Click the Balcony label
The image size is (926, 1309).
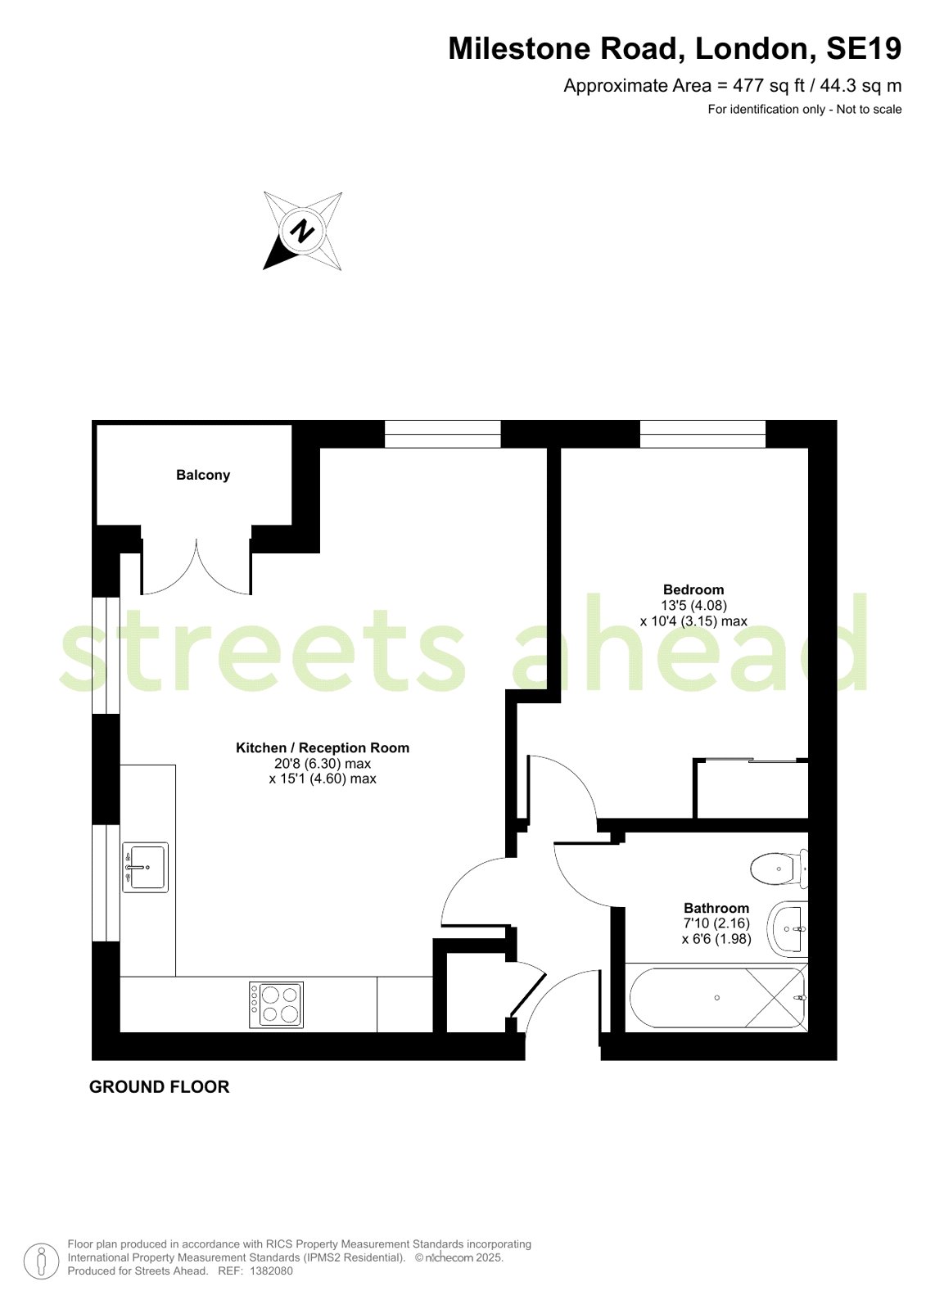click(x=203, y=475)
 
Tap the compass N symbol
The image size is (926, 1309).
click(x=302, y=231)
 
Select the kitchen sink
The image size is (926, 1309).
click(x=145, y=867)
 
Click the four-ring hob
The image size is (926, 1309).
click(x=277, y=1004)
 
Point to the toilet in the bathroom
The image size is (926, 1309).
click(x=778, y=869)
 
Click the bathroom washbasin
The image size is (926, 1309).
click(x=788, y=929)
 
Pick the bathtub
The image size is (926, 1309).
click(x=717, y=998)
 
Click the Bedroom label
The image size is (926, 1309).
click(x=693, y=589)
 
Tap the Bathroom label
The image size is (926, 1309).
click(x=716, y=908)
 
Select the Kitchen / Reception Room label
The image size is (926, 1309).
click(x=323, y=747)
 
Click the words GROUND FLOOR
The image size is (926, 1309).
click(x=160, y=1087)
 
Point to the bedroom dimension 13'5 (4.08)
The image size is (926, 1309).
click(x=693, y=606)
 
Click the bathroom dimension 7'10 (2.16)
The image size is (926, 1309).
click(x=716, y=923)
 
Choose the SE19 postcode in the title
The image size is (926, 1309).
click(x=864, y=49)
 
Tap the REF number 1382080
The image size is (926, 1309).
click(x=271, y=1271)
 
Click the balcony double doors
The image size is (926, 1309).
click(x=196, y=566)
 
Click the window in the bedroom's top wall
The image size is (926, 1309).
click(x=702, y=434)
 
